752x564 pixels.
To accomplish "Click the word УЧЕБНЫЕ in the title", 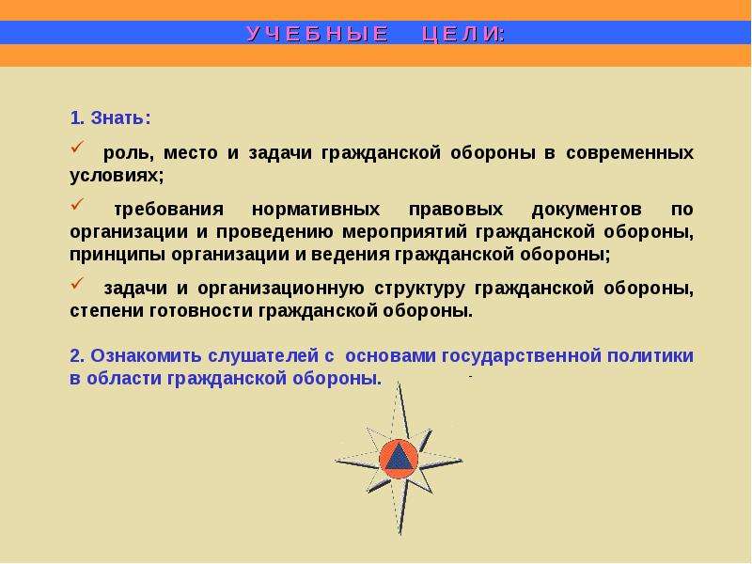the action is pyautogui.click(x=318, y=34).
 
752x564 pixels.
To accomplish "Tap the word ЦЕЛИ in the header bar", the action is pyautogui.click(x=462, y=34).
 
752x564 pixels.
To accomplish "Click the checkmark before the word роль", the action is pyautogui.click(x=77, y=147).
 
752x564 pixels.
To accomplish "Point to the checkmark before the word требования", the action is pyautogui.click(x=77, y=204).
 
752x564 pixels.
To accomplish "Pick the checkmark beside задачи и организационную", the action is pyautogui.click(x=77, y=283).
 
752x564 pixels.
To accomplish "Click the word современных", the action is pyautogui.click(x=629, y=153).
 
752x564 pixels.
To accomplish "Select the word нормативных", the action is pyautogui.click(x=316, y=210).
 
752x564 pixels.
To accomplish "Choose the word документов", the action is pyautogui.click(x=587, y=210).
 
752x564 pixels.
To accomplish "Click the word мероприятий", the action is pyautogui.click(x=404, y=232).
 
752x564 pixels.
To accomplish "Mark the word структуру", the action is pyautogui.click(x=419, y=289).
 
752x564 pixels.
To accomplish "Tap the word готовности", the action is pyautogui.click(x=201, y=311).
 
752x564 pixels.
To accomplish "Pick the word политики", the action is pyautogui.click(x=650, y=356).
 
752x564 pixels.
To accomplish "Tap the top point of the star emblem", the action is pyautogui.click(x=399, y=383).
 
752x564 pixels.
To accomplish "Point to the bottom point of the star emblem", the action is pyautogui.click(x=400, y=533).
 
